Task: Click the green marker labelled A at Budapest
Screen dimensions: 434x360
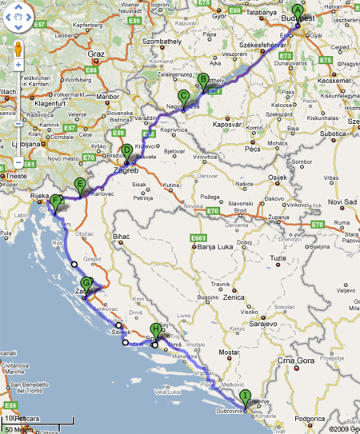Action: pos(298,13)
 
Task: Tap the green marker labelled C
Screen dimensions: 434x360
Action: pos(184,98)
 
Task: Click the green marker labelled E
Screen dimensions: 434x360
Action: pos(79,186)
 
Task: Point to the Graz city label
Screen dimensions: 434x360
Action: pos(97,54)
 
